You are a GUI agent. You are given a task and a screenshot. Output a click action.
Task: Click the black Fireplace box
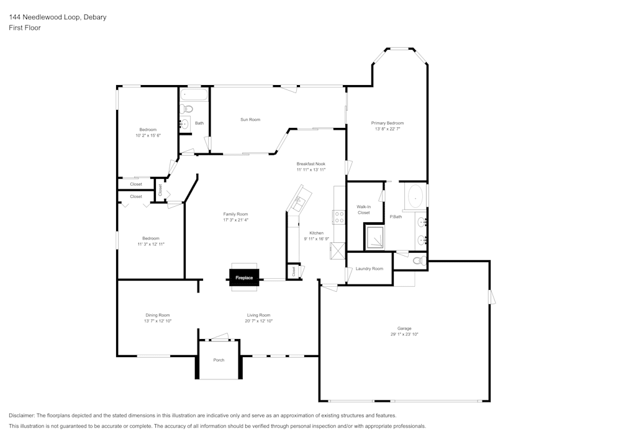(244, 278)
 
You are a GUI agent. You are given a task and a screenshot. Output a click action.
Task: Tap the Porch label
(219, 360)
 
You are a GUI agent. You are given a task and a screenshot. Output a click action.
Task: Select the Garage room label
(404, 328)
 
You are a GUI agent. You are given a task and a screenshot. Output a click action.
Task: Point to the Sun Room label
(250, 119)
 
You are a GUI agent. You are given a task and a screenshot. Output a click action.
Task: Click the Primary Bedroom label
(388, 123)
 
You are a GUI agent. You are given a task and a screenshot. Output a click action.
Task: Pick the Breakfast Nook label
(310, 164)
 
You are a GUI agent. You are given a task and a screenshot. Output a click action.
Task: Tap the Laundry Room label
(369, 269)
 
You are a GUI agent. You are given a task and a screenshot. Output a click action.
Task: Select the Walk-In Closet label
(363, 209)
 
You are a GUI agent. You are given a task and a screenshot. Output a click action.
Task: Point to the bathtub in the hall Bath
(194, 95)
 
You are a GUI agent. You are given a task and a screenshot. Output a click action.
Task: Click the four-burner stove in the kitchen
(340, 217)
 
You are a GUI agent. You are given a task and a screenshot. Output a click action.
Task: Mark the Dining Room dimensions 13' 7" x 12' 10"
(157, 321)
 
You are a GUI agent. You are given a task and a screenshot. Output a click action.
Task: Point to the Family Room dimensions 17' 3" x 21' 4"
(235, 220)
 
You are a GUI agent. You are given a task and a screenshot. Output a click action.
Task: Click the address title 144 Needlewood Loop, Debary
(57, 17)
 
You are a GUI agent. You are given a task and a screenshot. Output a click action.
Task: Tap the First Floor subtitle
(25, 28)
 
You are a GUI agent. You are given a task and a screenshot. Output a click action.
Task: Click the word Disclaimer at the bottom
(22, 415)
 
